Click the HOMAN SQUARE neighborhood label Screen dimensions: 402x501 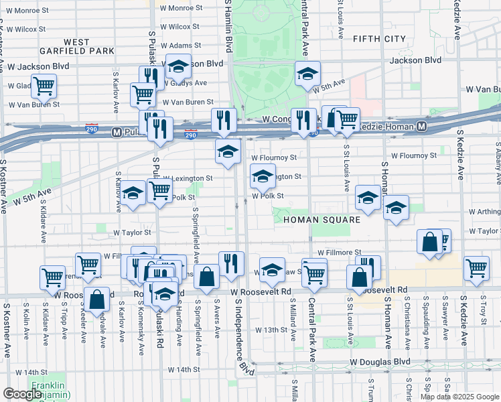[x=321, y=220]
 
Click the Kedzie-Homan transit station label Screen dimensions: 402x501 [x=391, y=126]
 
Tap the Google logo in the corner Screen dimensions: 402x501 [x=22, y=394]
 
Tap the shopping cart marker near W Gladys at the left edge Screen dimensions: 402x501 [x=44, y=85]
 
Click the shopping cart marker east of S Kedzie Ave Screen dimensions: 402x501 [x=476, y=267]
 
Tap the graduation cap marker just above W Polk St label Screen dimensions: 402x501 [x=263, y=177]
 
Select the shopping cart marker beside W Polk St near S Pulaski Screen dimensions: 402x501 [x=159, y=190]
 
